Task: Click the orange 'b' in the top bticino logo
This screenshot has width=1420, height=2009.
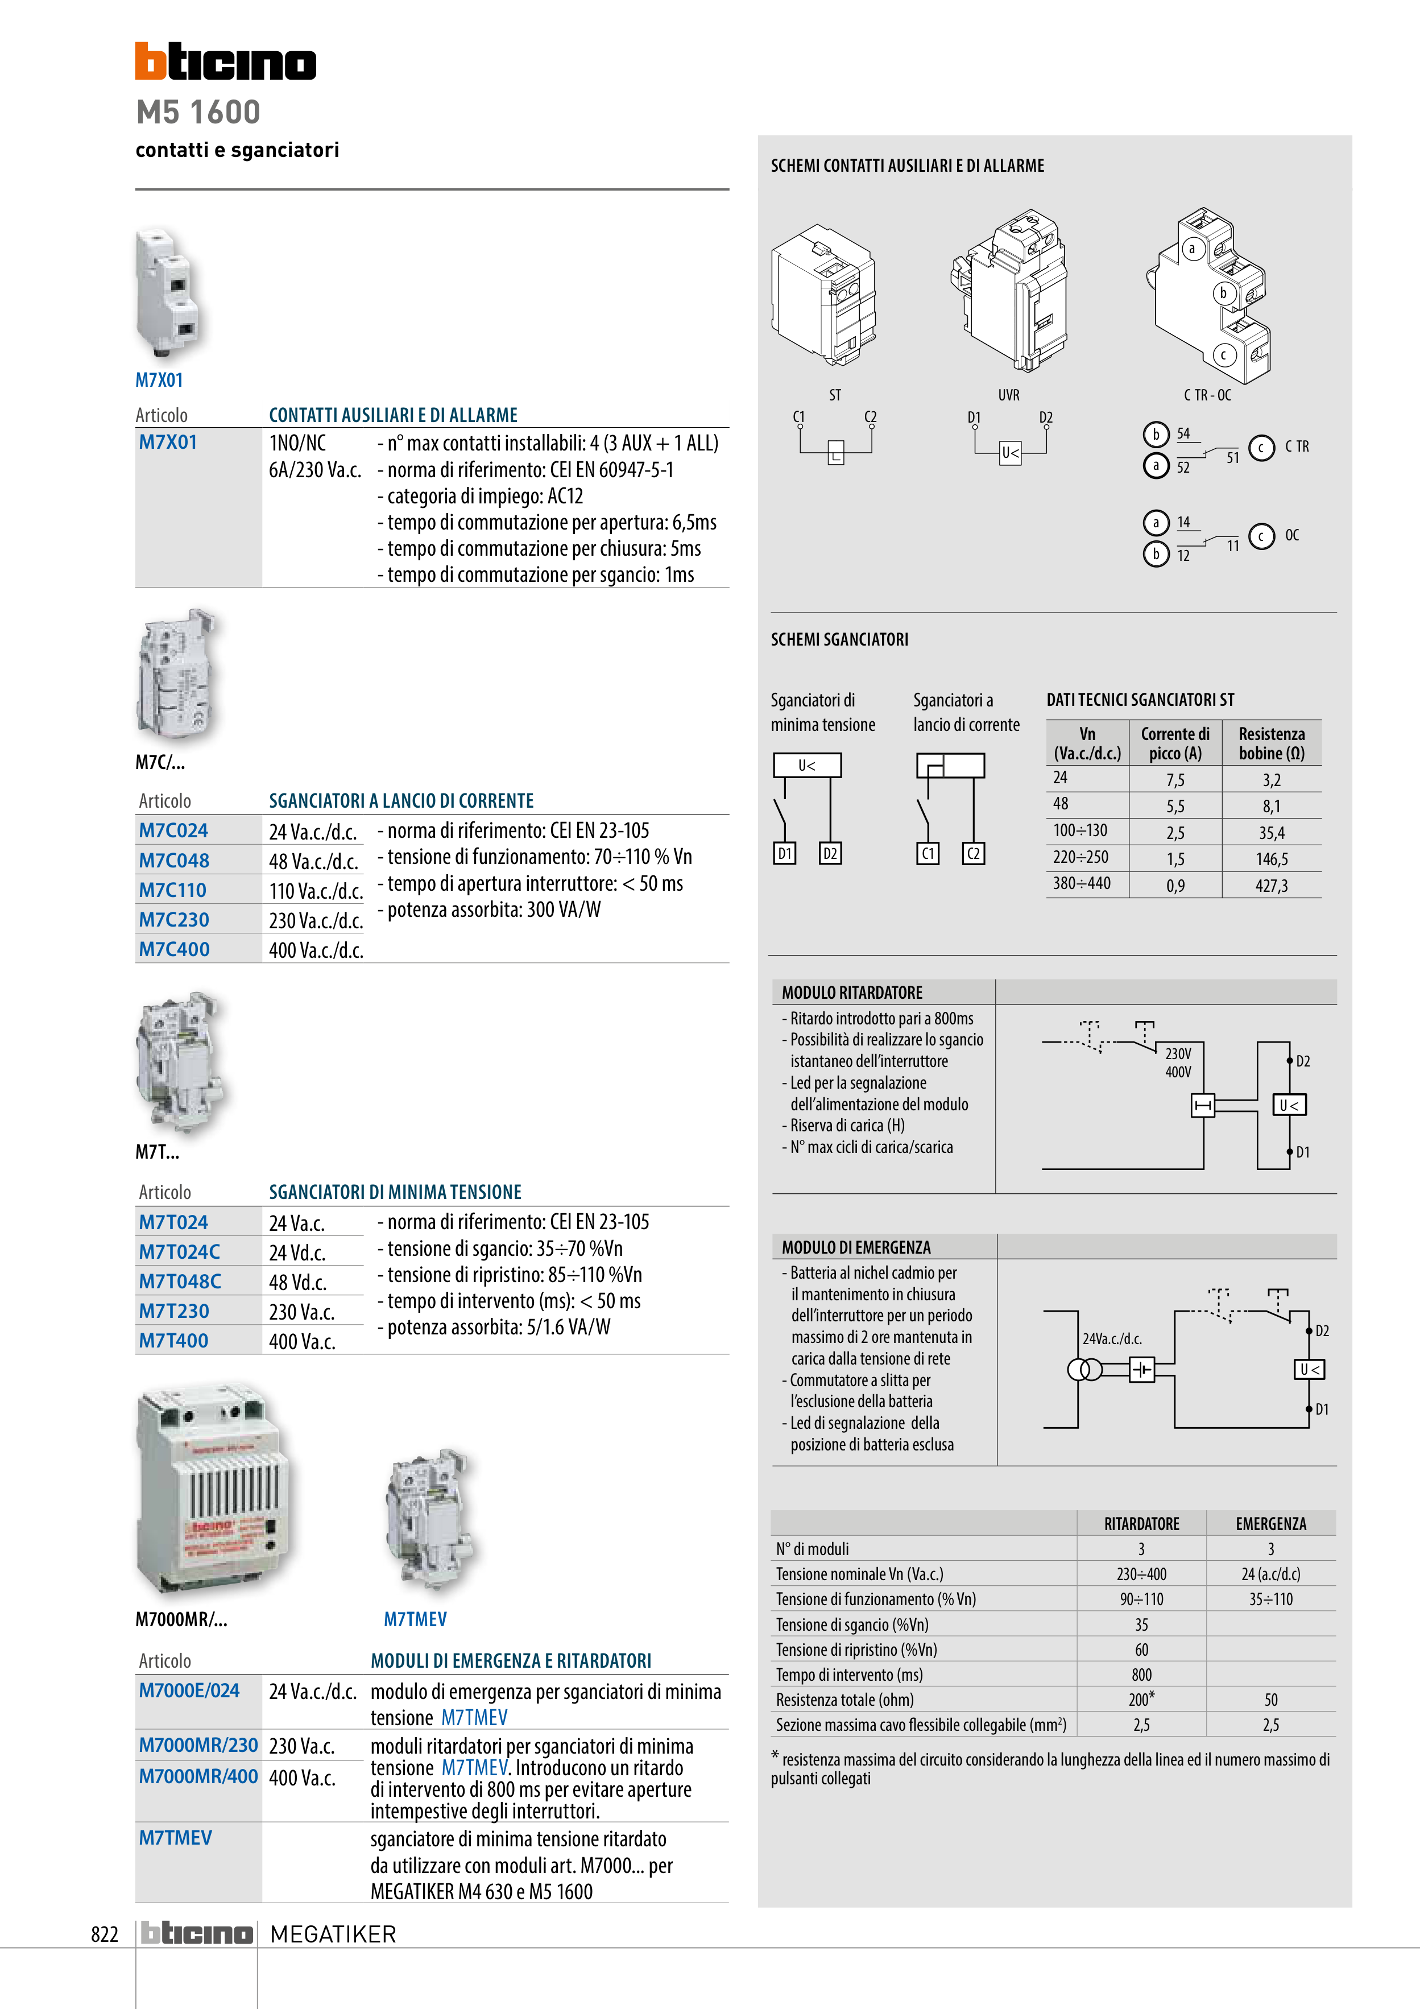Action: (151, 61)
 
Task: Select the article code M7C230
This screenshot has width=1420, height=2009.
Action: (174, 920)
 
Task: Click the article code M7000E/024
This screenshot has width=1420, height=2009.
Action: (189, 1690)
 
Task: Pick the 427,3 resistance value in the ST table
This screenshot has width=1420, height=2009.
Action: (1271, 886)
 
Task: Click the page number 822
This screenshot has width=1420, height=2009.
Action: (104, 1934)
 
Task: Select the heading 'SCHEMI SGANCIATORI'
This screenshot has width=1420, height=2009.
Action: (839, 640)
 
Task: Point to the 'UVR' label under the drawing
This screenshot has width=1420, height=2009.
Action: (1009, 395)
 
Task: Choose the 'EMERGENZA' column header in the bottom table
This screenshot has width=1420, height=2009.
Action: (1270, 1523)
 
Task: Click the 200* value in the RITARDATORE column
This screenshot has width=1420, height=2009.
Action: (1141, 1699)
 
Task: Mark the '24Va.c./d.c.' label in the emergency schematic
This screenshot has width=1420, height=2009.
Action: (1112, 1339)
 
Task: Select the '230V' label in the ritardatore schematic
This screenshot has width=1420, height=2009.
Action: (1178, 1053)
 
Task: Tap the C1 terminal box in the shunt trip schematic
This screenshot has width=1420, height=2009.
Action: (928, 853)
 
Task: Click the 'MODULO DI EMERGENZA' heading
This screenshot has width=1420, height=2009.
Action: (856, 1247)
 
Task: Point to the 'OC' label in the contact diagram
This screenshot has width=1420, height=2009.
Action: (1291, 535)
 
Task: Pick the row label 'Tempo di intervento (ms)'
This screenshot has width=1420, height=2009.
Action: (848, 1675)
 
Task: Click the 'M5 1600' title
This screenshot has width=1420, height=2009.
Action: (198, 112)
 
